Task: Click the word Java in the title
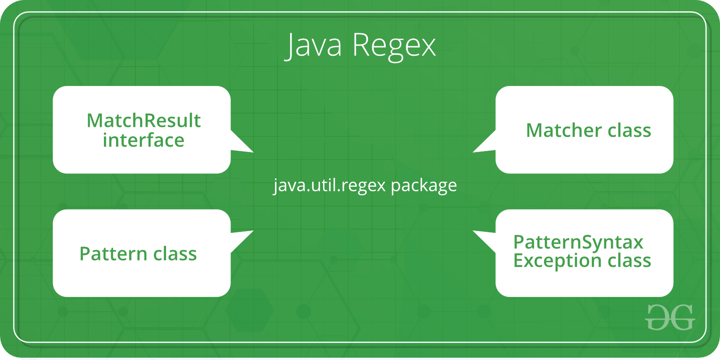pyautogui.click(x=313, y=45)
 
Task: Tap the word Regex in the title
pyautogui.click(x=394, y=47)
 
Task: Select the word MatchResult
pyautogui.click(x=144, y=121)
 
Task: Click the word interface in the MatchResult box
pyautogui.click(x=144, y=140)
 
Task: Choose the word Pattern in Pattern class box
pyautogui.click(x=113, y=254)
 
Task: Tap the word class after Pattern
pyautogui.click(x=175, y=254)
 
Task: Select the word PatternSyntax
pyautogui.click(x=578, y=243)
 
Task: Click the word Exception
pyautogui.click(x=558, y=261)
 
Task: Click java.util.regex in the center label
pyautogui.click(x=329, y=185)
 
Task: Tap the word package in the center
pyautogui.click(x=423, y=186)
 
